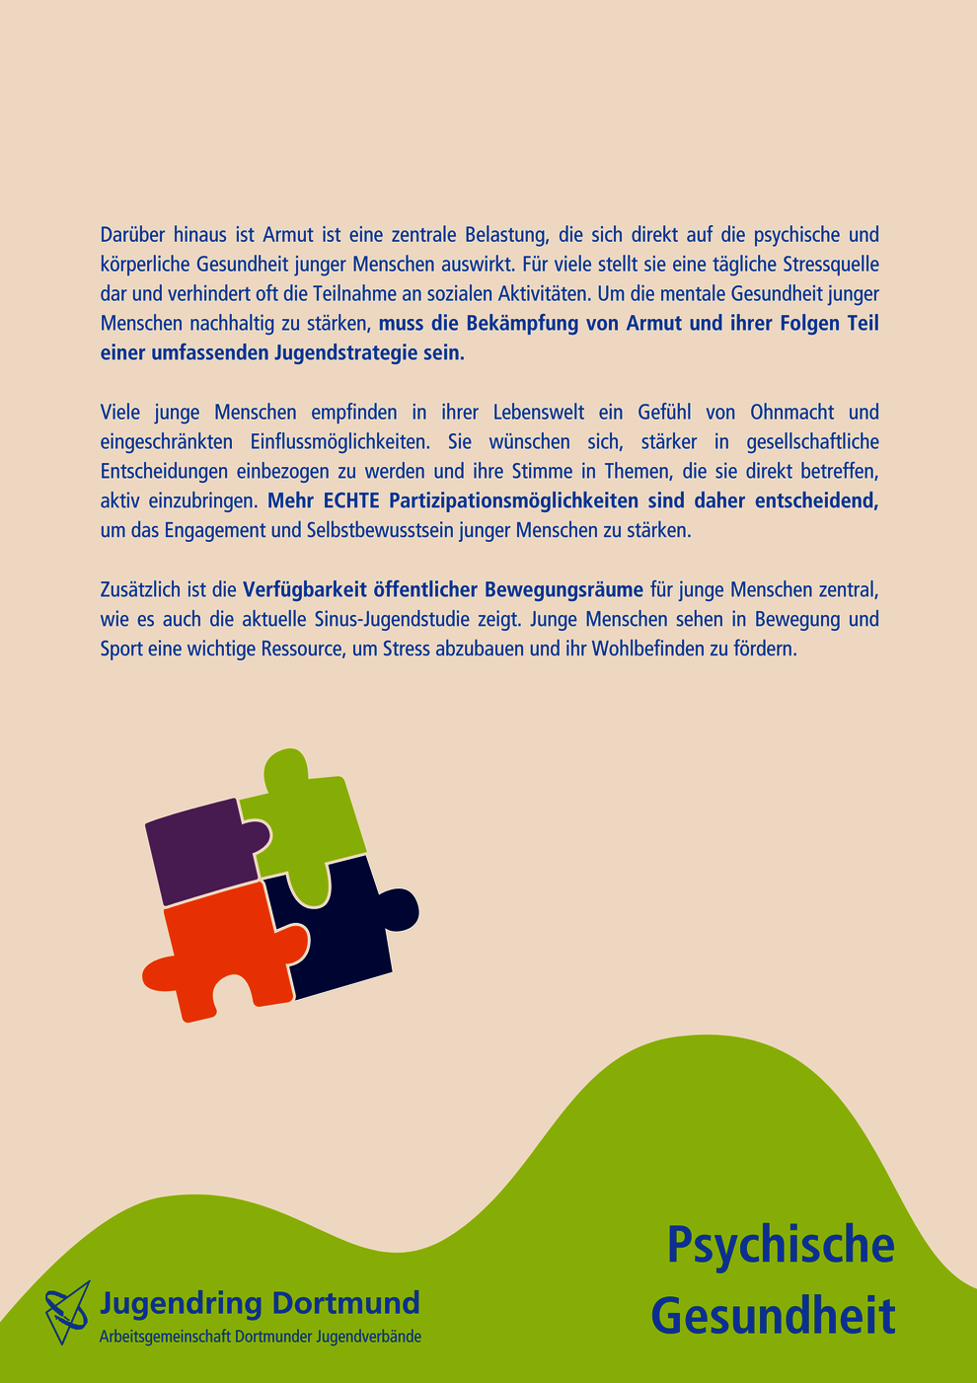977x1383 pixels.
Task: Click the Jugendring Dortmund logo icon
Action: [x=67, y=1312]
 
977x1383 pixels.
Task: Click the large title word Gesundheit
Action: [x=774, y=1316]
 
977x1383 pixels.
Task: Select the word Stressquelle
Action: [x=830, y=265]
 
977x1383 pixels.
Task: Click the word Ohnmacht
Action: [x=791, y=412]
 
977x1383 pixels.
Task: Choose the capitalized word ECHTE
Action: [x=351, y=500]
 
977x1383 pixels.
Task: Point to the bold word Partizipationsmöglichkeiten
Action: [x=514, y=500]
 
